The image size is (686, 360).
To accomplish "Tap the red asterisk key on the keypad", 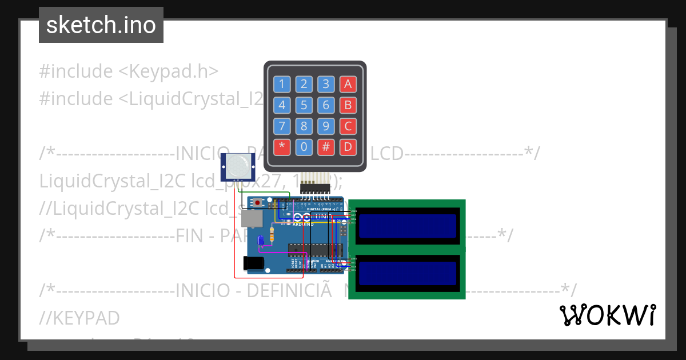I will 282,147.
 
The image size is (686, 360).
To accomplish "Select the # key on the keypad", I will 326,147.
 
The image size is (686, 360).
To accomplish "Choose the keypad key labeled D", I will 348,147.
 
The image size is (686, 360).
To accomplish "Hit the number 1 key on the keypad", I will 282,85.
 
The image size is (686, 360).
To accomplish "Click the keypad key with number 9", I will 326,126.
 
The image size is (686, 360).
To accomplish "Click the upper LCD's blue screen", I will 408,226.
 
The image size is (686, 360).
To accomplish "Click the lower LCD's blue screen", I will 408,273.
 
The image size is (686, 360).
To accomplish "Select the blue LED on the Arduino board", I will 261,241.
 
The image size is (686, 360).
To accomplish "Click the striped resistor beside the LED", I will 271,234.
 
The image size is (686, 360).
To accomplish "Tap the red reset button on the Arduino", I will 258,203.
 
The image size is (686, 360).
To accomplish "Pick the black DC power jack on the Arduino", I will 253,263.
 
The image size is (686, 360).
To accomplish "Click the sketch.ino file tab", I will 101,25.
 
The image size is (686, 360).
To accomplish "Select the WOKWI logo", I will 607,315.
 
